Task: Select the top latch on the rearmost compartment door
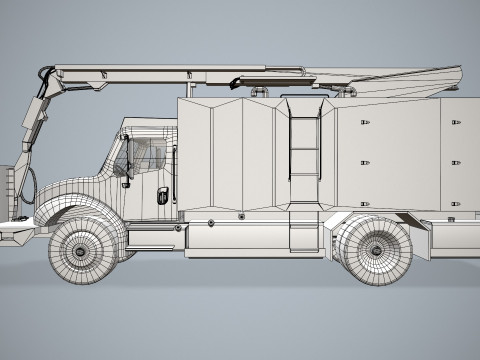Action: click(456, 122)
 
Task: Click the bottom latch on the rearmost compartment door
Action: click(456, 203)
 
